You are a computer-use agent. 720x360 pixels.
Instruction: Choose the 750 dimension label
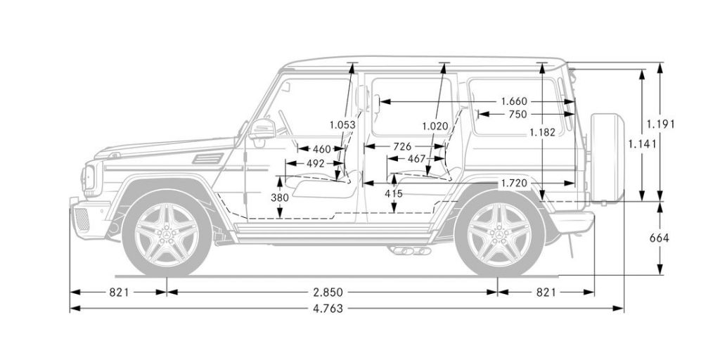517,114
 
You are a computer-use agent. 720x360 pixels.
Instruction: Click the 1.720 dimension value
514,183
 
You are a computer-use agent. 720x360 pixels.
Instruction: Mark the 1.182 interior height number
543,131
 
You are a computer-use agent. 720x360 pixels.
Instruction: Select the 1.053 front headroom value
342,125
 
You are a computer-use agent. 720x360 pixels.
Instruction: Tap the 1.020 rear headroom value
435,125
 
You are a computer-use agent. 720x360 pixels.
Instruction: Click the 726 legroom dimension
402,146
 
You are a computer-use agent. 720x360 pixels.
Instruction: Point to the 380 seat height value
280,198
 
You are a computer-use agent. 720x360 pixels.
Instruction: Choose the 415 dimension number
394,193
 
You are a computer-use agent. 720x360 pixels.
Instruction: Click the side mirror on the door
262,131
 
